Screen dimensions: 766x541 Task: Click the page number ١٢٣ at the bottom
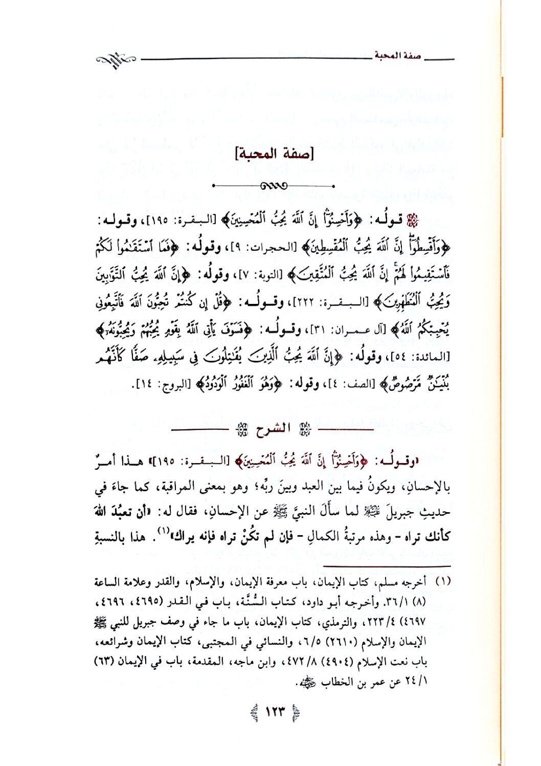[x=275, y=712]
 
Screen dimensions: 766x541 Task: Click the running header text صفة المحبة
[x=398, y=56]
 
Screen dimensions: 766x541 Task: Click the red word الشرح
[x=273, y=429]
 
